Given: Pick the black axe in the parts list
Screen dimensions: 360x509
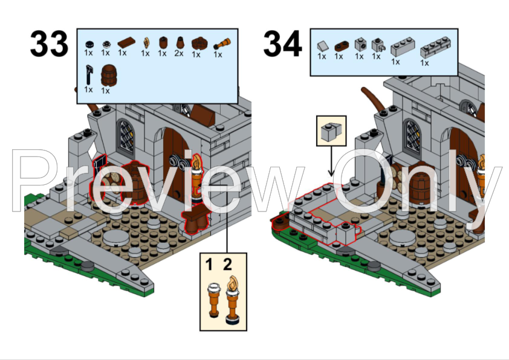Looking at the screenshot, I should click(89, 76).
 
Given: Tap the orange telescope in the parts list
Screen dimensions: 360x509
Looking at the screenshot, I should click(222, 43).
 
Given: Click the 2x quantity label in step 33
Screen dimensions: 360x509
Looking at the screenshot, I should click(179, 53).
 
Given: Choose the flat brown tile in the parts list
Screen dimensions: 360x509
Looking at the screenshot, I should click(127, 42).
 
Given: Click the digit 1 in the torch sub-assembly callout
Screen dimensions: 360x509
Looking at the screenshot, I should click(209, 264).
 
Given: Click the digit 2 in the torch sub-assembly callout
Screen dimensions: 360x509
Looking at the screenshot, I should click(227, 264).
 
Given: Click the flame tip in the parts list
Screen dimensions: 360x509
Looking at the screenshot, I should click(147, 43).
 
